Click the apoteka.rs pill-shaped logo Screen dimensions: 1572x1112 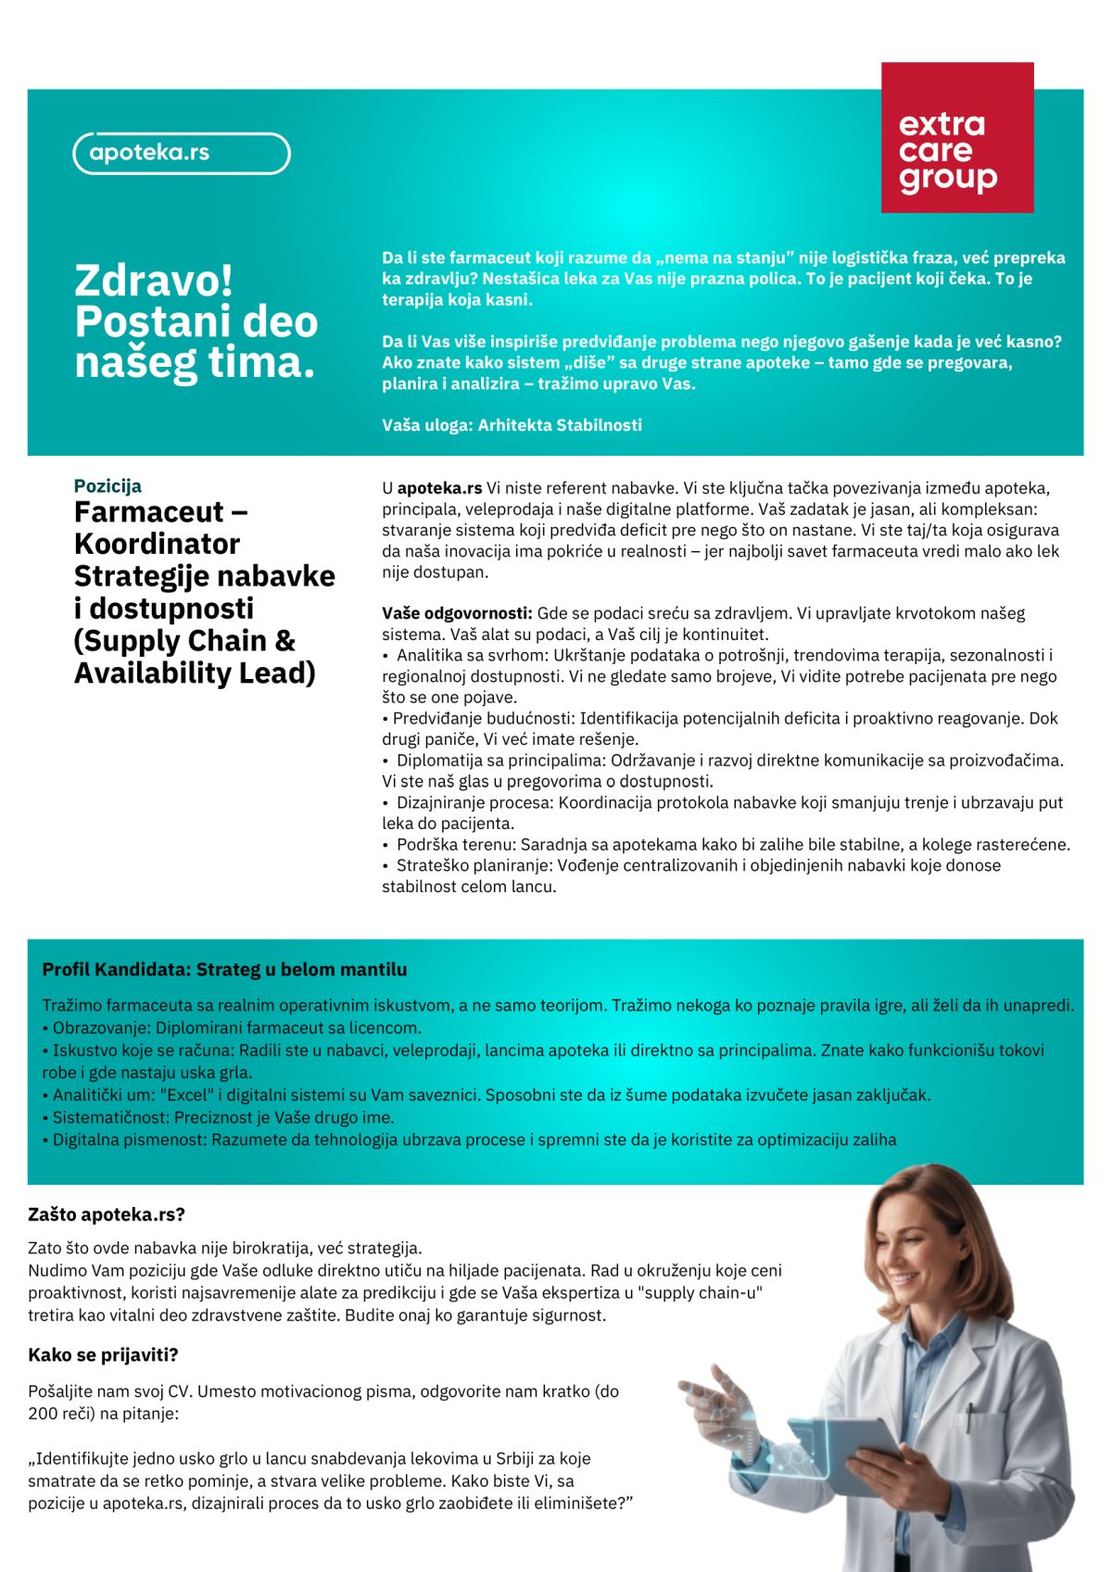182,154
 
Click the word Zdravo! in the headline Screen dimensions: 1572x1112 154,280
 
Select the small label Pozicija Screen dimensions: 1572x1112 107,485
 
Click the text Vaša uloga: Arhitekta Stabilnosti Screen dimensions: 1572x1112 512,425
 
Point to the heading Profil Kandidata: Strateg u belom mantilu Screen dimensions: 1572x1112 224,970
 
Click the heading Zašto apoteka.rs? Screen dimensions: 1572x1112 107,1214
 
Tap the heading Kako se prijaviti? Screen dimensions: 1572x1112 103,1355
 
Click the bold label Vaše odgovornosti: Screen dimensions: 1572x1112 457,613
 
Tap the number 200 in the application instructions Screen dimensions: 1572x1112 42,1414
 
